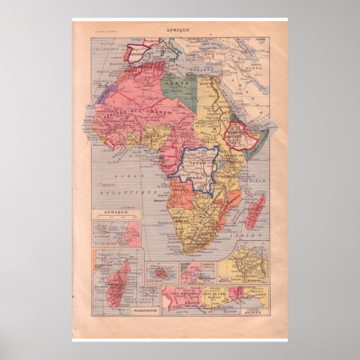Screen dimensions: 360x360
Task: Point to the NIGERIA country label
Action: click(153, 135)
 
